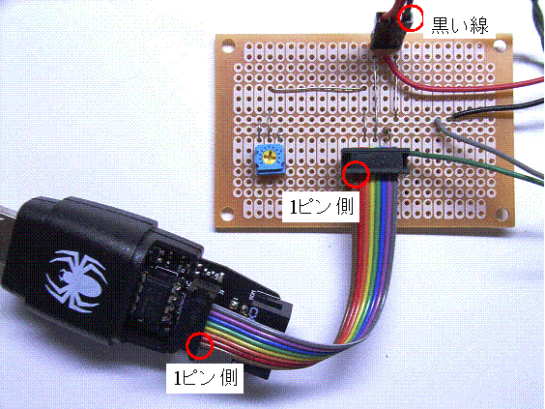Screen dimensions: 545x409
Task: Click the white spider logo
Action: pyautogui.click(x=75, y=280)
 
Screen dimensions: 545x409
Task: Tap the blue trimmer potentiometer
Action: pyautogui.click(x=270, y=159)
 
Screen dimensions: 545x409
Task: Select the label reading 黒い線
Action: pyautogui.click(x=460, y=25)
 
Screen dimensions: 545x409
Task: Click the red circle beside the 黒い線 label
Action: pyautogui.click(x=411, y=18)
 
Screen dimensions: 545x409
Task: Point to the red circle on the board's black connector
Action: pyautogui.click(x=356, y=175)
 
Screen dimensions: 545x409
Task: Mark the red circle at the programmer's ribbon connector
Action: pyautogui.click(x=199, y=346)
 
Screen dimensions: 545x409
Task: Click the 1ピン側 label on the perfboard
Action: pyautogui.click(x=322, y=207)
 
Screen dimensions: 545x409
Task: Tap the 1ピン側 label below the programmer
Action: pyautogui.click(x=206, y=378)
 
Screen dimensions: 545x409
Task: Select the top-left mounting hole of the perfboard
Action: pyautogui.click(x=228, y=45)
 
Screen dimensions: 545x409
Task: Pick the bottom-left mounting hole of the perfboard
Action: pyautogui.click(x=227, y=214)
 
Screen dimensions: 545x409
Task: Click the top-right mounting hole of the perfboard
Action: pyautogui.click(x=500, y=45)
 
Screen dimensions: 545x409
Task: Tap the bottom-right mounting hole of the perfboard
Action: pyautogui.click(x=502, y=213)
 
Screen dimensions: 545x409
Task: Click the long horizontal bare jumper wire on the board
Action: pyautogui.click(x=316, y=89)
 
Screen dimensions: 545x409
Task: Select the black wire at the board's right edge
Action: pyautogui.click(x=497, y=109)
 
